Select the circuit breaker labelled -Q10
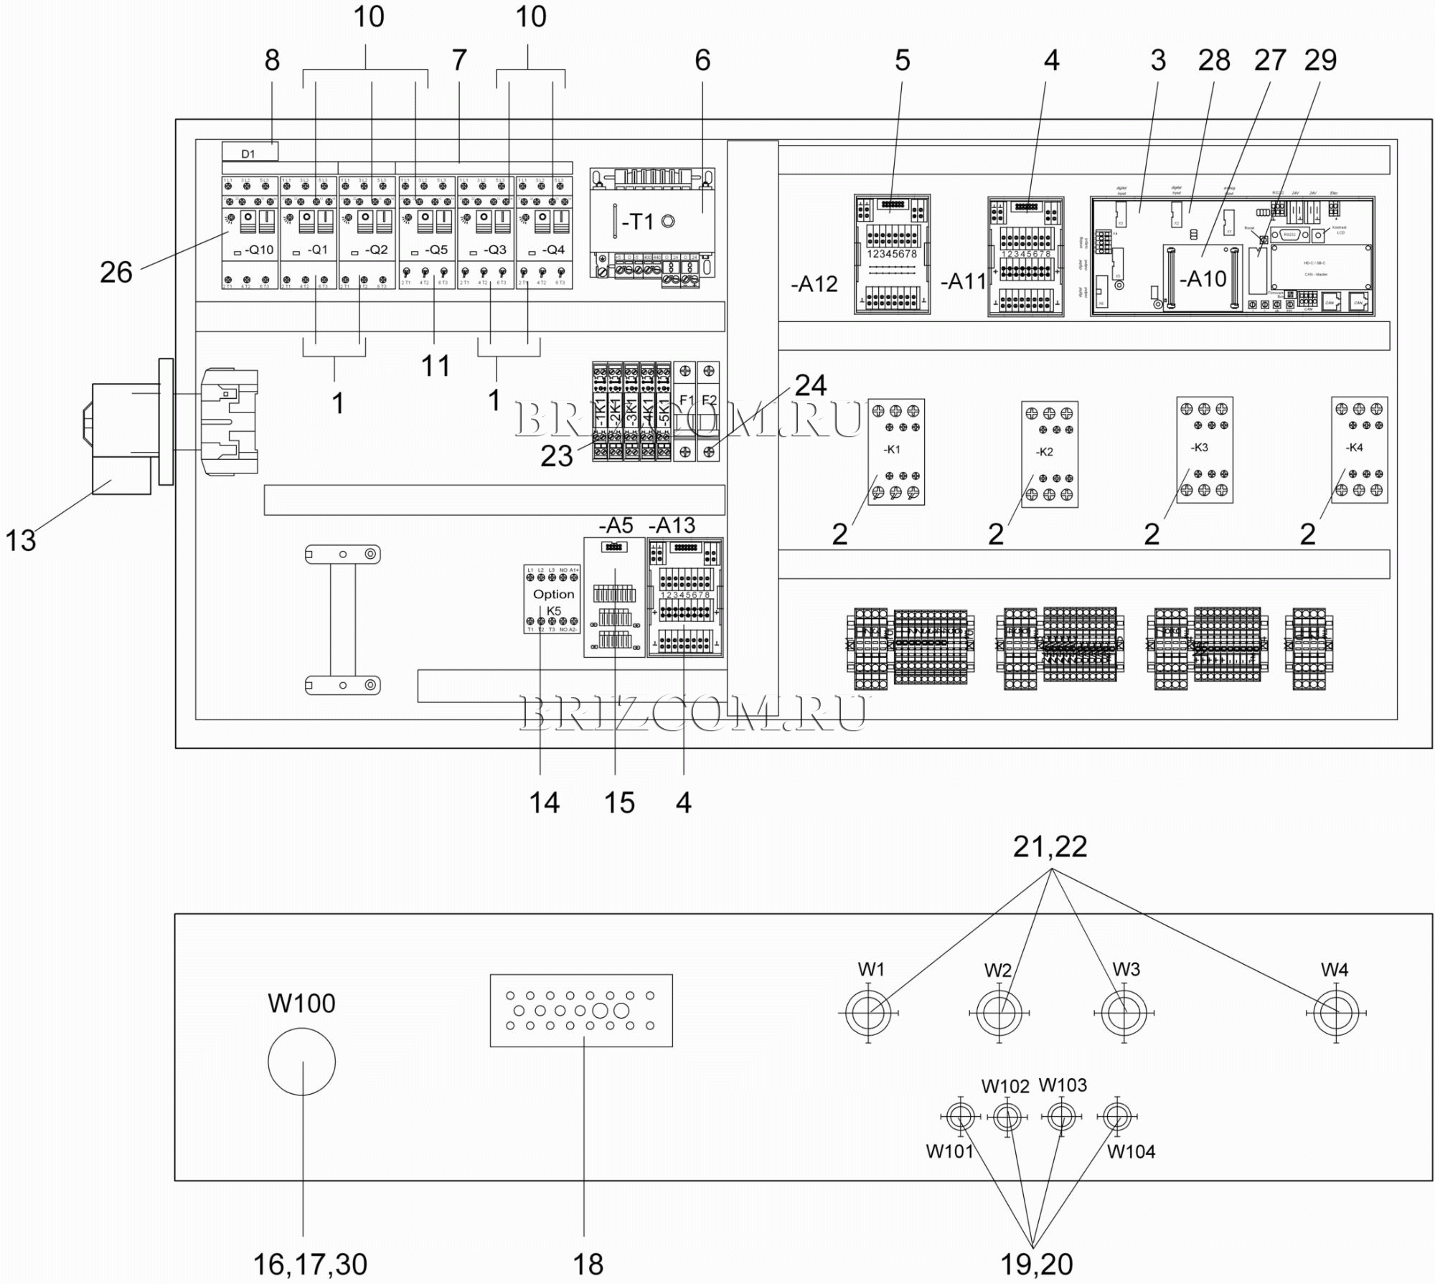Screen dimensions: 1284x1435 (249, 233)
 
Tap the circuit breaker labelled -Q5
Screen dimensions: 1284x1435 (427, 233)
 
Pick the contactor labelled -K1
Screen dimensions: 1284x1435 (895, 452)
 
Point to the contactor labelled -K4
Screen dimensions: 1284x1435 (1359, 450)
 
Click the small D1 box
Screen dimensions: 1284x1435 (250, 152)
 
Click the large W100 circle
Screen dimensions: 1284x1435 (301, 1062)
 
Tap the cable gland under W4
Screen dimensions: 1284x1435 (1336, 1013)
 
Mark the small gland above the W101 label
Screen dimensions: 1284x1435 (959, 1116)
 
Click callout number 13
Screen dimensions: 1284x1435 (20, 539)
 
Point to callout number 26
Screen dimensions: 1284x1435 (116, 273)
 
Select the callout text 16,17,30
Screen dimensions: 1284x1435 (310, 1264)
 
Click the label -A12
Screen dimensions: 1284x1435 (814, 284)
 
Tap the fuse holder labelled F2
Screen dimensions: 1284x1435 (709, 412)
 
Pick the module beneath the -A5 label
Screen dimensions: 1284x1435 (615, 598)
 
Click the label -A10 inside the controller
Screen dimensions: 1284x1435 (1203, 278)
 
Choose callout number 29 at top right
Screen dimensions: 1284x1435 (1320, 60)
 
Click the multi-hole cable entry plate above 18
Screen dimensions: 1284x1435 (581, 1010)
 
